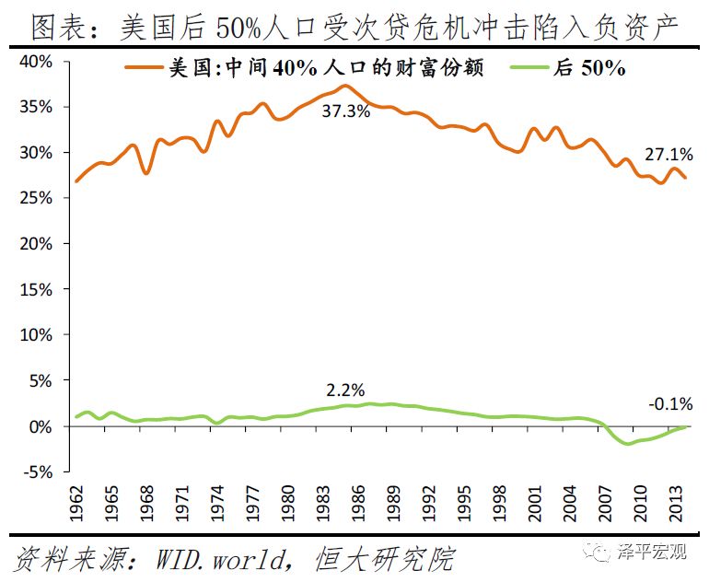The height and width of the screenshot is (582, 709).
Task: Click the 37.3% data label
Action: coord(346,112)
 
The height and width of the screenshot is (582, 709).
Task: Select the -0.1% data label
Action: coord(669,404)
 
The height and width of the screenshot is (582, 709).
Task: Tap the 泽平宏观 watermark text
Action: coord(654,553)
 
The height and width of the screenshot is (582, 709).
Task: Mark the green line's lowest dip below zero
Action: coord(629,444)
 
